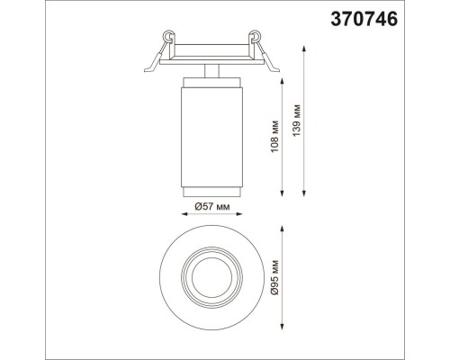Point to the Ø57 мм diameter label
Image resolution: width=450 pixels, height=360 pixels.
point(214,209)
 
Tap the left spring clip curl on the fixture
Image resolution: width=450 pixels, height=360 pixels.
point(167,37)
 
